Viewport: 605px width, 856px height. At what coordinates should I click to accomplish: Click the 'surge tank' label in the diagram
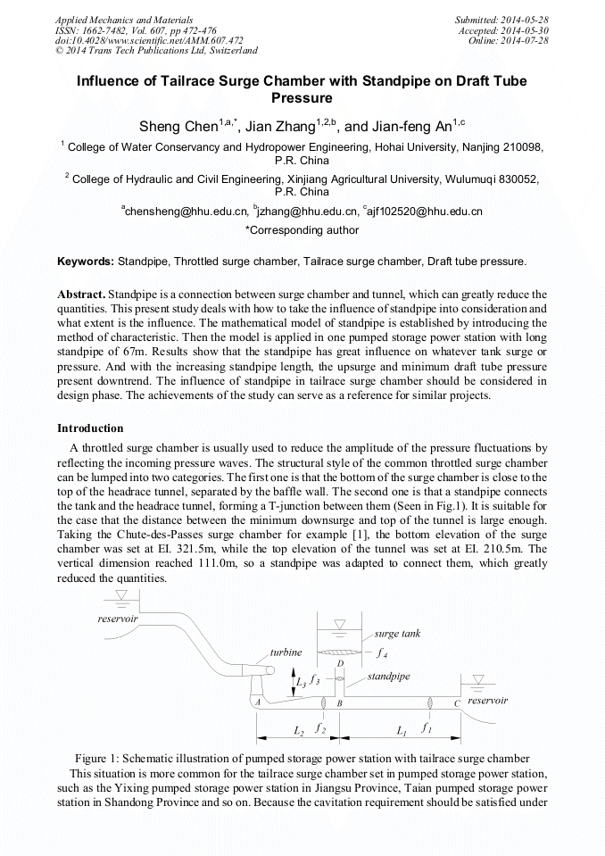pos(397,634)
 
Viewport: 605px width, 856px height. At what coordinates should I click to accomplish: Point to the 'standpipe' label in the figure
pos(388,677)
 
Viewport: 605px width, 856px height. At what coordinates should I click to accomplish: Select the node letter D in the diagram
pos(340,663)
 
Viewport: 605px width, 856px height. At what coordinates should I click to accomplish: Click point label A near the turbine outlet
pos(257,703)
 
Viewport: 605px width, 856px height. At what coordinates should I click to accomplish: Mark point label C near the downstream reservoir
pos(457,703)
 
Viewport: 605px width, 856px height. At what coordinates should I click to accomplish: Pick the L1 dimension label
pos(402,731)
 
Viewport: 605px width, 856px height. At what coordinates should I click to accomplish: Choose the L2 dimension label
pos(299,731)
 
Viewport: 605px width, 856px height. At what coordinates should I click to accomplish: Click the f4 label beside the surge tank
pos(382,652)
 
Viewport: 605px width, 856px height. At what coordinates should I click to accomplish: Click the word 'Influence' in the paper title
pos(112,81)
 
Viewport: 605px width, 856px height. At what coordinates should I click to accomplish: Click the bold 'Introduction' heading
pos(90,428)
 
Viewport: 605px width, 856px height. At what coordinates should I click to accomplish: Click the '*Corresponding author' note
pos(302,230)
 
